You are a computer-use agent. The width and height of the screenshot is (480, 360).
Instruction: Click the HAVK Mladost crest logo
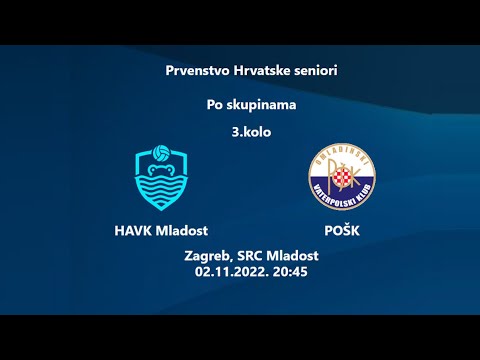(160, 179)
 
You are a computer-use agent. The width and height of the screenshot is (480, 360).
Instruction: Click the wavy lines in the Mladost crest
(160, 189)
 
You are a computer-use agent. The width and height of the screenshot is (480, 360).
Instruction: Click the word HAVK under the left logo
(133, 230)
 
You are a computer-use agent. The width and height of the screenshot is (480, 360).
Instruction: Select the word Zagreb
(208, 256)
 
